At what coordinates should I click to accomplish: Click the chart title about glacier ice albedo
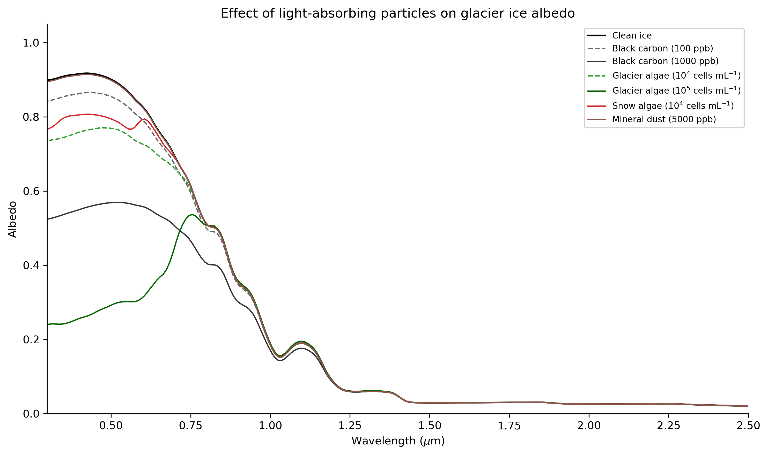click(x=397, y=13)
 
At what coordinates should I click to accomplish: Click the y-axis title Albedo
click(x=12, y=219)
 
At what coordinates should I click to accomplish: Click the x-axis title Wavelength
click(x=398, y=441)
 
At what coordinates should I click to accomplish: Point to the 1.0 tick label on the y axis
click(x=31, y=43)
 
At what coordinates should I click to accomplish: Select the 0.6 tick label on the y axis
click(x=31, y=192)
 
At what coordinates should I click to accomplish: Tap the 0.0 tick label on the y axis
click(x=31, y=414)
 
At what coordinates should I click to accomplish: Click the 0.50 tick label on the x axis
click(x=111, y=426)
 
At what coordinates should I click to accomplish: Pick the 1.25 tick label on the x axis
click(x=350, y=426)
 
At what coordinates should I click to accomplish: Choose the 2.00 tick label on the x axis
click(x=589, y=426)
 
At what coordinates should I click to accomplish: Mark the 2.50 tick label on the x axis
click(x=748, y=426)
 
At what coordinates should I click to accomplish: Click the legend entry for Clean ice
click(x=631, y=36)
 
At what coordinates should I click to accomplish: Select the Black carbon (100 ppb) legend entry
click(x=662, y=48)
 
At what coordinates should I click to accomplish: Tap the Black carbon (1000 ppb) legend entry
click(x=665, y=61)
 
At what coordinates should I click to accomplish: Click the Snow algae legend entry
click(x=673, y=106)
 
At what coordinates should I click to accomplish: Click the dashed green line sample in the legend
click(x=596, y=76)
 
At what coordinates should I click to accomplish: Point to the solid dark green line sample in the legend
click(x=596, y=91)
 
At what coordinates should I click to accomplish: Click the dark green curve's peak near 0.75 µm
click(x=192, y=215)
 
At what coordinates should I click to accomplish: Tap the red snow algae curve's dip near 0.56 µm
click(x=130, y=129)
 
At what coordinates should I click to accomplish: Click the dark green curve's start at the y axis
click(x=48, y=325)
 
